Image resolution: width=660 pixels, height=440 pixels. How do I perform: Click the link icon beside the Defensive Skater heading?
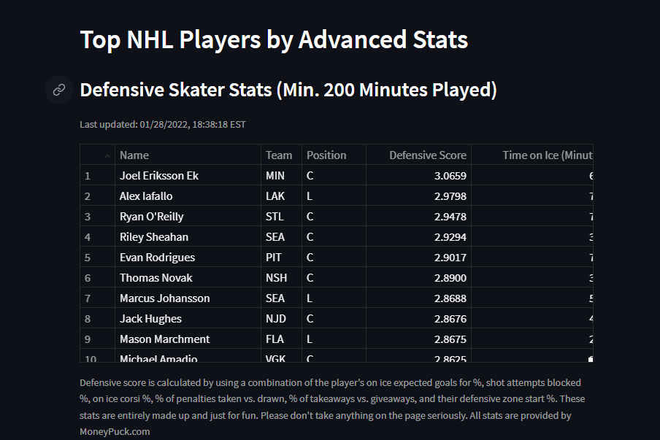point(59,90)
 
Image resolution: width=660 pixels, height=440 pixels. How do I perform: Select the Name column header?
point(134,155)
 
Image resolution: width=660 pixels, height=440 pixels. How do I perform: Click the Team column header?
point(279,155)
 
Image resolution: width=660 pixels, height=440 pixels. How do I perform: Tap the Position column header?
point(326,155)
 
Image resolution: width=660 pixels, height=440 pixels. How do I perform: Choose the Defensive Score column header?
point(427,155)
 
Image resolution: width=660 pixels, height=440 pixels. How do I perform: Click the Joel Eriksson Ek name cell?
point(159,176)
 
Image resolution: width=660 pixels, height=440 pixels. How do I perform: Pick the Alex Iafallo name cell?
point(146,196)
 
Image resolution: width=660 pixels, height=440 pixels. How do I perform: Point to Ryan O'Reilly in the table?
point(152,217)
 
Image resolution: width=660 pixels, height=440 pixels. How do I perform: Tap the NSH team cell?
point(276,278)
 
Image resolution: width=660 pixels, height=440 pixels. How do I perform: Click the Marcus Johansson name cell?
point(165,298)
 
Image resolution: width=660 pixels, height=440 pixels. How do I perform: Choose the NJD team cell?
point(275,319)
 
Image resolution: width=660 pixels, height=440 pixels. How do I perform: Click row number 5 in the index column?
point(88,258)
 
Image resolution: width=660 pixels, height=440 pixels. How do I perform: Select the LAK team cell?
point(275,196)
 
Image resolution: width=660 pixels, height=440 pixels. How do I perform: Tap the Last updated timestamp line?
point(163,125)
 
